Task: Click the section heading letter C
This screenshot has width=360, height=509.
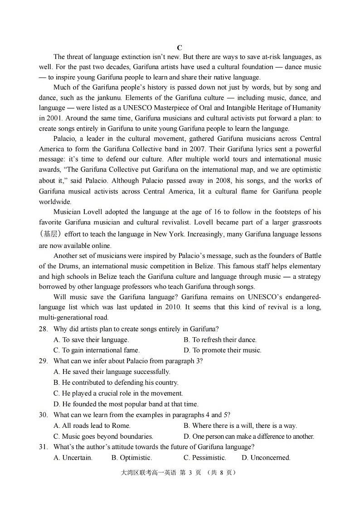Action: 180,48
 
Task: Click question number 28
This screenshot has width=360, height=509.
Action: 44,329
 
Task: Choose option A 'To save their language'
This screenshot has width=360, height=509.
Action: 91,339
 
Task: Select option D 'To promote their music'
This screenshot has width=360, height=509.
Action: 222,350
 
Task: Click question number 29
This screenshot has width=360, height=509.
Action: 44,361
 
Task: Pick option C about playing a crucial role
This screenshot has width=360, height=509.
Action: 118,393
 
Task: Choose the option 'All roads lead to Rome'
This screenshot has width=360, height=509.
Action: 92,426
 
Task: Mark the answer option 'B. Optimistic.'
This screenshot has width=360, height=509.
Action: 131,458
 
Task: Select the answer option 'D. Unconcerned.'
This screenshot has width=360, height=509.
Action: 266,458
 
